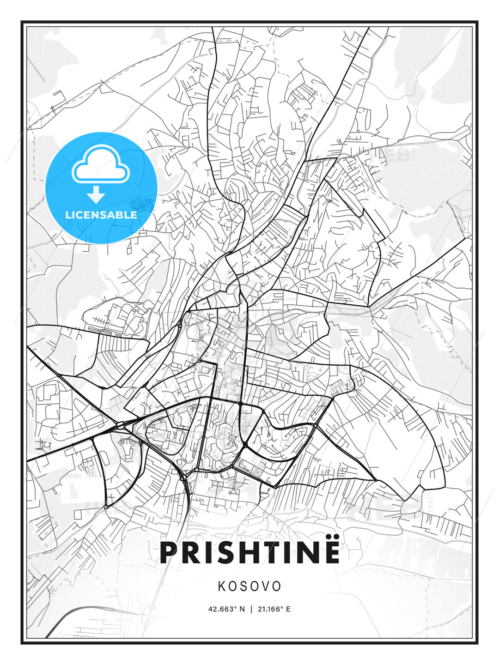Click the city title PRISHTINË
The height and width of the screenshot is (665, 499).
249,553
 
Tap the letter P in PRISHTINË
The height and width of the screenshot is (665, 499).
170,553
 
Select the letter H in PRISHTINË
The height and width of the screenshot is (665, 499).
241,553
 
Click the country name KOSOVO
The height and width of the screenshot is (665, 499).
249,586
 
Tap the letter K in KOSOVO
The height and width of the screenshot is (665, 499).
221,586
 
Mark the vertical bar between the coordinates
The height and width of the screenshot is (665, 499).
251,609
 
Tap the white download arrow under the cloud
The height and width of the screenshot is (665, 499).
97,194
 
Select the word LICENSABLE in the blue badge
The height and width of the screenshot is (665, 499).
101,215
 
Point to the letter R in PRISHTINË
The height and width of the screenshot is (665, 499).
193,553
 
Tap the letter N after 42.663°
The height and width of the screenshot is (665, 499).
242,609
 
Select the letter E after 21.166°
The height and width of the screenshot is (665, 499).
288,609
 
